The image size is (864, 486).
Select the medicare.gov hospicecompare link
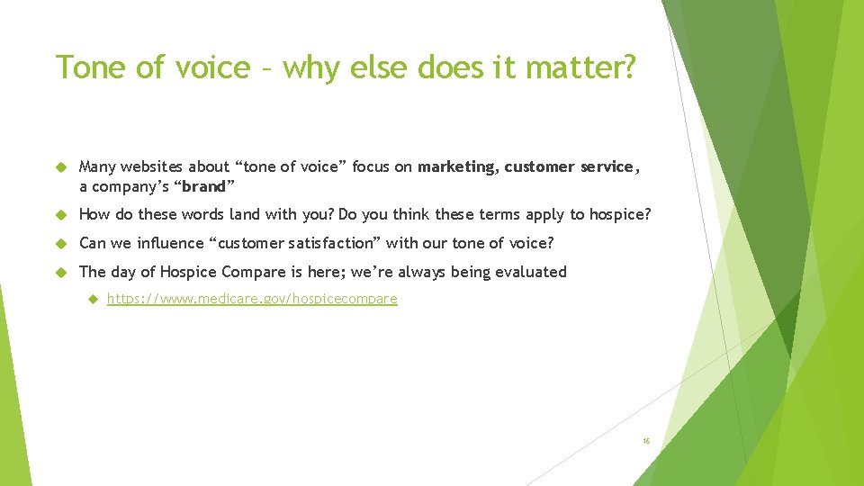click(x=252, y=299)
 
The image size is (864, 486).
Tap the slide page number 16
click(x=645, y=441)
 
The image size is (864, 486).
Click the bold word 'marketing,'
click(x=457, y=166)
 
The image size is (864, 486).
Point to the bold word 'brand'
click(x=203, y=186)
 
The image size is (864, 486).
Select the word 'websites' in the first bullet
click(x=153, y=166)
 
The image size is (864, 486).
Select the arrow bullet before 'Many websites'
click(x=61, y=167)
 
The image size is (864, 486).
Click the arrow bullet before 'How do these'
click(x=61, y=215)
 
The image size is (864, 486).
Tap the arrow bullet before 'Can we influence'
click(x=61, y=244)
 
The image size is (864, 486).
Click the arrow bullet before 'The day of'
click(x=61, y=273)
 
